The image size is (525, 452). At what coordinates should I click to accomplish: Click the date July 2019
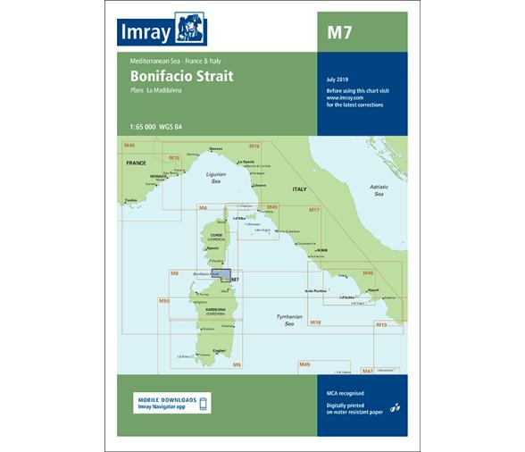point(339,80)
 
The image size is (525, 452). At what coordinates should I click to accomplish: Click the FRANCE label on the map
point(136,164)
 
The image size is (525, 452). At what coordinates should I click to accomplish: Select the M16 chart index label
point(254,146)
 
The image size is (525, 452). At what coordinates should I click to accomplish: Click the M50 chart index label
point(164,301)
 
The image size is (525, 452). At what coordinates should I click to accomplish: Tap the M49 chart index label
point(304,364)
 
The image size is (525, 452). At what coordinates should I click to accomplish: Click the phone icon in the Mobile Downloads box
point(203,404)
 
